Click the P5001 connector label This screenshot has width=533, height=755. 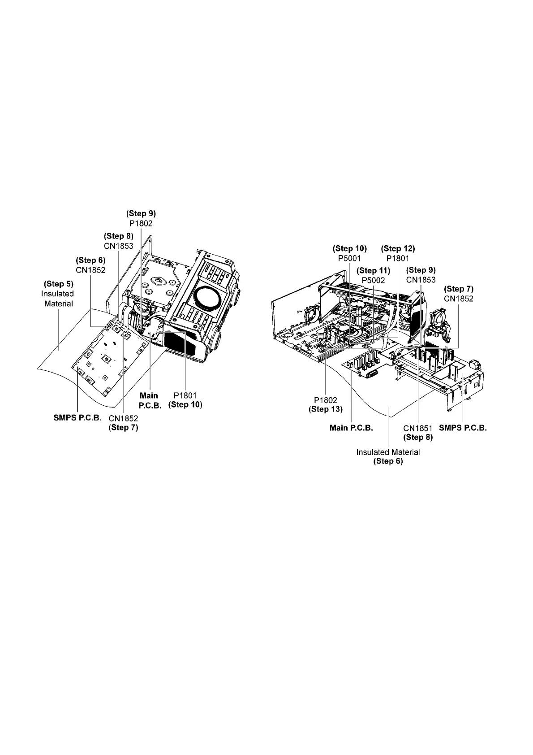point(349,258)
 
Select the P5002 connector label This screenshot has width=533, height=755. point(373,281)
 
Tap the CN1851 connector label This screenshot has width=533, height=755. point(418,428)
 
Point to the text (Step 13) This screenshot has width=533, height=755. point(326,409)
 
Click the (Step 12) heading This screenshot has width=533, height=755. point(398,248)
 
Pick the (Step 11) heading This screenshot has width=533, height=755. point(373,271)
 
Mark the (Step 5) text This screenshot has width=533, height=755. point(58,284)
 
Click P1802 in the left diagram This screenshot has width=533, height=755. point(141,223)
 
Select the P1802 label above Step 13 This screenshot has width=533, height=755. point(326,400)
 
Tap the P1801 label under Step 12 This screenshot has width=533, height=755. point(398,258)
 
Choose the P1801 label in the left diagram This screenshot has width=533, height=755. point(185,396)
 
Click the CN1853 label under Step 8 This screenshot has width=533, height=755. point(118,246)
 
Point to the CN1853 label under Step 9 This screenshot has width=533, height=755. point(421,280)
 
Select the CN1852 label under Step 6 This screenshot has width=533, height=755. point(90,270)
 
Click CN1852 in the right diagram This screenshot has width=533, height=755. point(459,299)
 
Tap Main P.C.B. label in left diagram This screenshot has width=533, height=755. point(149,400)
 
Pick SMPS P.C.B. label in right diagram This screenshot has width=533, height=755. point(463,428)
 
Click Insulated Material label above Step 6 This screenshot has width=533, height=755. point(388,452)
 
